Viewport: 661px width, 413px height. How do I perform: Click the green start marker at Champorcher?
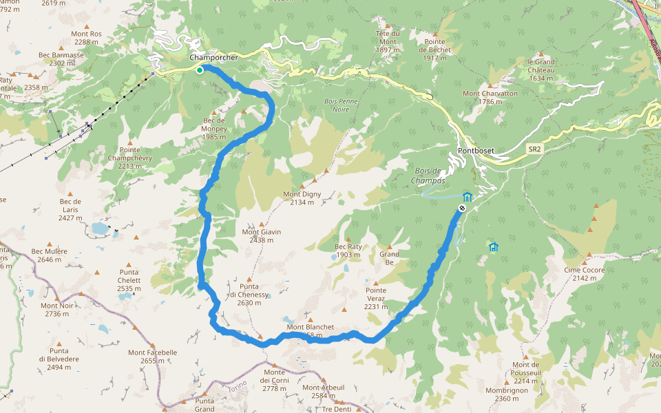point(200,70)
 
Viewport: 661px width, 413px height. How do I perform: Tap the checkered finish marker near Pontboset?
point(462,208)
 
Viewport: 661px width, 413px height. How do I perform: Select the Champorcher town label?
point(214,58)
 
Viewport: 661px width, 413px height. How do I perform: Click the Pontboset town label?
point(476,151)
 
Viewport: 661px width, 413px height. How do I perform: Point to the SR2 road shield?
point(535,149)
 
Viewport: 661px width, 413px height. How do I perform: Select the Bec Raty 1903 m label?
point(348,251)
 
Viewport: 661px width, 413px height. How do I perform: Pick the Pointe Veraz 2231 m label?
point(376,294)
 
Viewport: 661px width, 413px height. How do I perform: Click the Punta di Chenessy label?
point(249,295)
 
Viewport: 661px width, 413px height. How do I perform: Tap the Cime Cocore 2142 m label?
point(585,274)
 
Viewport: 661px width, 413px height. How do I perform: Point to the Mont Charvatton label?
point(490,98)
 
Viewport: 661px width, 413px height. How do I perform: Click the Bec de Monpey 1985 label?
point(215,129)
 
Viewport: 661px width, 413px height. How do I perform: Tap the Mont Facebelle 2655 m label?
point(152,357)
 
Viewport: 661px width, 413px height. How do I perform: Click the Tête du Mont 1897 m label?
point(388,41)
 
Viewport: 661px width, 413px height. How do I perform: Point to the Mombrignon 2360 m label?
point(506,394)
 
